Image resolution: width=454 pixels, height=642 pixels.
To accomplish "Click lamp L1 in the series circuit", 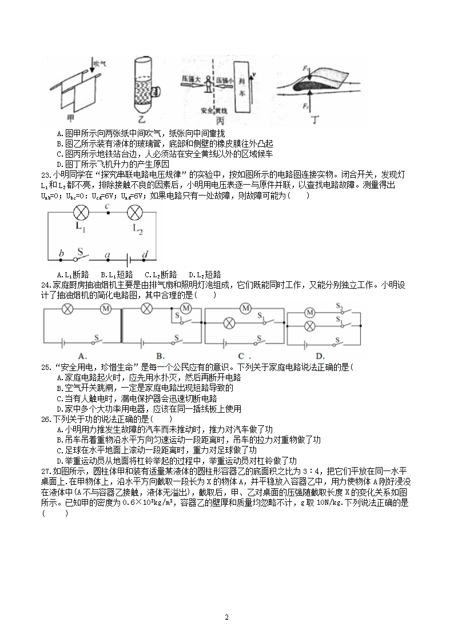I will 79,213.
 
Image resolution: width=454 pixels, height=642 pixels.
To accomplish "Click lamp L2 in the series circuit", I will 134,213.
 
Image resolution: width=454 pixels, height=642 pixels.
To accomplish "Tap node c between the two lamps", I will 107,213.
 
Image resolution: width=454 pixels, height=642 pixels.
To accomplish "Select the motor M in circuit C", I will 246,309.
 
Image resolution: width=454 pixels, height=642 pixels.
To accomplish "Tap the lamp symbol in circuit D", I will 309,327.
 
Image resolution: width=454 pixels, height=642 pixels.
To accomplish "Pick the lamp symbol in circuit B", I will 146,309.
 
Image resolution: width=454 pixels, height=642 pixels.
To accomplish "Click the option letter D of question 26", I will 61,461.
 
